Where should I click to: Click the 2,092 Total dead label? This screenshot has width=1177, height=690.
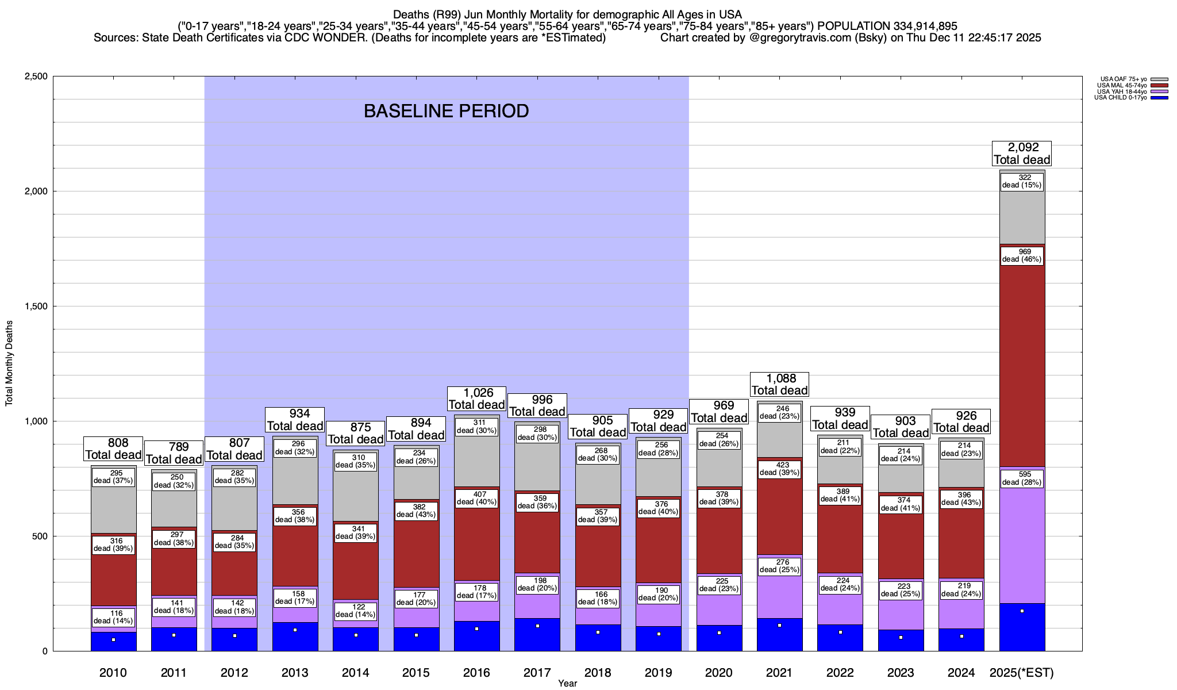click(1022, 154)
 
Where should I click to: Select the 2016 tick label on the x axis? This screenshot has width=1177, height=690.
click(476, 672)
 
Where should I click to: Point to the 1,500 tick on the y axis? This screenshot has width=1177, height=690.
click(36, 306)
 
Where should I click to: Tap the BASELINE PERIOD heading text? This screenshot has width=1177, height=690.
click(446, 111)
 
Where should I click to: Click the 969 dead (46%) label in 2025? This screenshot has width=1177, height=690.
click(1021, 255)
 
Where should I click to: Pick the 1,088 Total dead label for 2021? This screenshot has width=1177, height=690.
click(779, 384)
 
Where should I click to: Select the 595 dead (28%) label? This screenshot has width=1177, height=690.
click(1021, 478)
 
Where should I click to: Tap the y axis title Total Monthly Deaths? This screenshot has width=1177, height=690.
click(9, 363)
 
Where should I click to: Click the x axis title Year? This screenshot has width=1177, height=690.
click(567, 683)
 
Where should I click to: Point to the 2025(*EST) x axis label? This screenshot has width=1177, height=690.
click(1022, 672)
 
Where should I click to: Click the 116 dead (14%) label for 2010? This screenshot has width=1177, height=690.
click(113, 617)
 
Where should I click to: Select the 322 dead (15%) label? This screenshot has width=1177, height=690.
click(1021, 181)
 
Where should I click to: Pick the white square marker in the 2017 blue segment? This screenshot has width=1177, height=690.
click(537, 626)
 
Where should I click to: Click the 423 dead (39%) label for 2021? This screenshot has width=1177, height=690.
click(779, 469)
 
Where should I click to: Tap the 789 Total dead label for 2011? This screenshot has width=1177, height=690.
click(174, 453)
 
